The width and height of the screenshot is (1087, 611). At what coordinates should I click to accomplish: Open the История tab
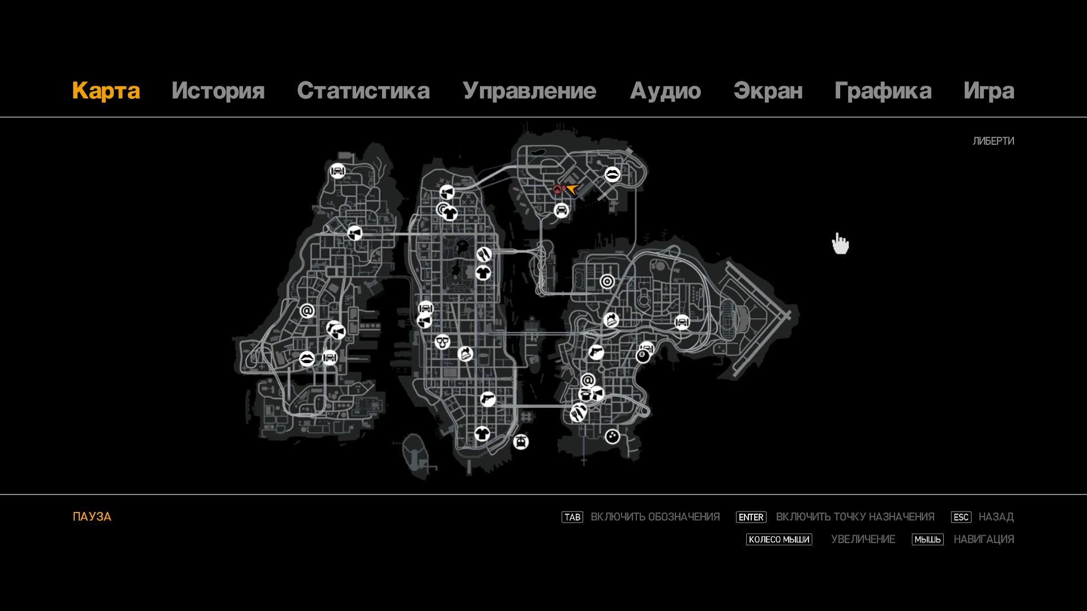click(x=218, y=91)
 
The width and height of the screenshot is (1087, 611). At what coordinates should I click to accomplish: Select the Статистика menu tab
click(x=363, y=91)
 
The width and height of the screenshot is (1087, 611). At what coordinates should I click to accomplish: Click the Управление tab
click(x=529, y=91)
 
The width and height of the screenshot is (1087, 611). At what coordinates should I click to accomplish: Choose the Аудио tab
click(x=665, y=91)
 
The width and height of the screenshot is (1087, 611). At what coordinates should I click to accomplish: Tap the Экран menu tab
click(x=768, y=91)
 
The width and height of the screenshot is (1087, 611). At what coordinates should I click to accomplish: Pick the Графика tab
click(x=883, y=91)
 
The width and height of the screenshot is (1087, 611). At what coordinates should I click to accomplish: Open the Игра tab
click(x=989, y=91)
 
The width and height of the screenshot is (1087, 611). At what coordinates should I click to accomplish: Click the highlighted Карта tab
click(x=106, y=91)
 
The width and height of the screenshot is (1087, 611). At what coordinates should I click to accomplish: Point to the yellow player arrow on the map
click(x=572, y=189)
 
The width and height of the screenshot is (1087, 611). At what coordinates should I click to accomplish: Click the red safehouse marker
click(x=558, y=190)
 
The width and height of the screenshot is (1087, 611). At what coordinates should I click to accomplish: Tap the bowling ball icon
click(x=612, y=437)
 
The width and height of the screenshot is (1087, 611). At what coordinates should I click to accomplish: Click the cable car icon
click(x=521, y=442)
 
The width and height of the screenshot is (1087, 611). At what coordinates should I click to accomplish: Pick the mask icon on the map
click(x=442, y=342)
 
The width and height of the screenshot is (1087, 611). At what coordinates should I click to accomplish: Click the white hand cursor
click(x=840, y=243)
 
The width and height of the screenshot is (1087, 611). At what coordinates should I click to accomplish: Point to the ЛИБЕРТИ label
click(x=993, y=141)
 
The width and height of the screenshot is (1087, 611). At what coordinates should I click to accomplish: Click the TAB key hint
click(x=572, y=517)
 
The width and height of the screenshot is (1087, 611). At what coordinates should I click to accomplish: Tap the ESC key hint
click(x=961, y=517)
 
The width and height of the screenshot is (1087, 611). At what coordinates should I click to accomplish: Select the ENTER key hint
click(x=751, y=517)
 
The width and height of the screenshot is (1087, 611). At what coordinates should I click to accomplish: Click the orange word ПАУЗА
click(x=92, y=517)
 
